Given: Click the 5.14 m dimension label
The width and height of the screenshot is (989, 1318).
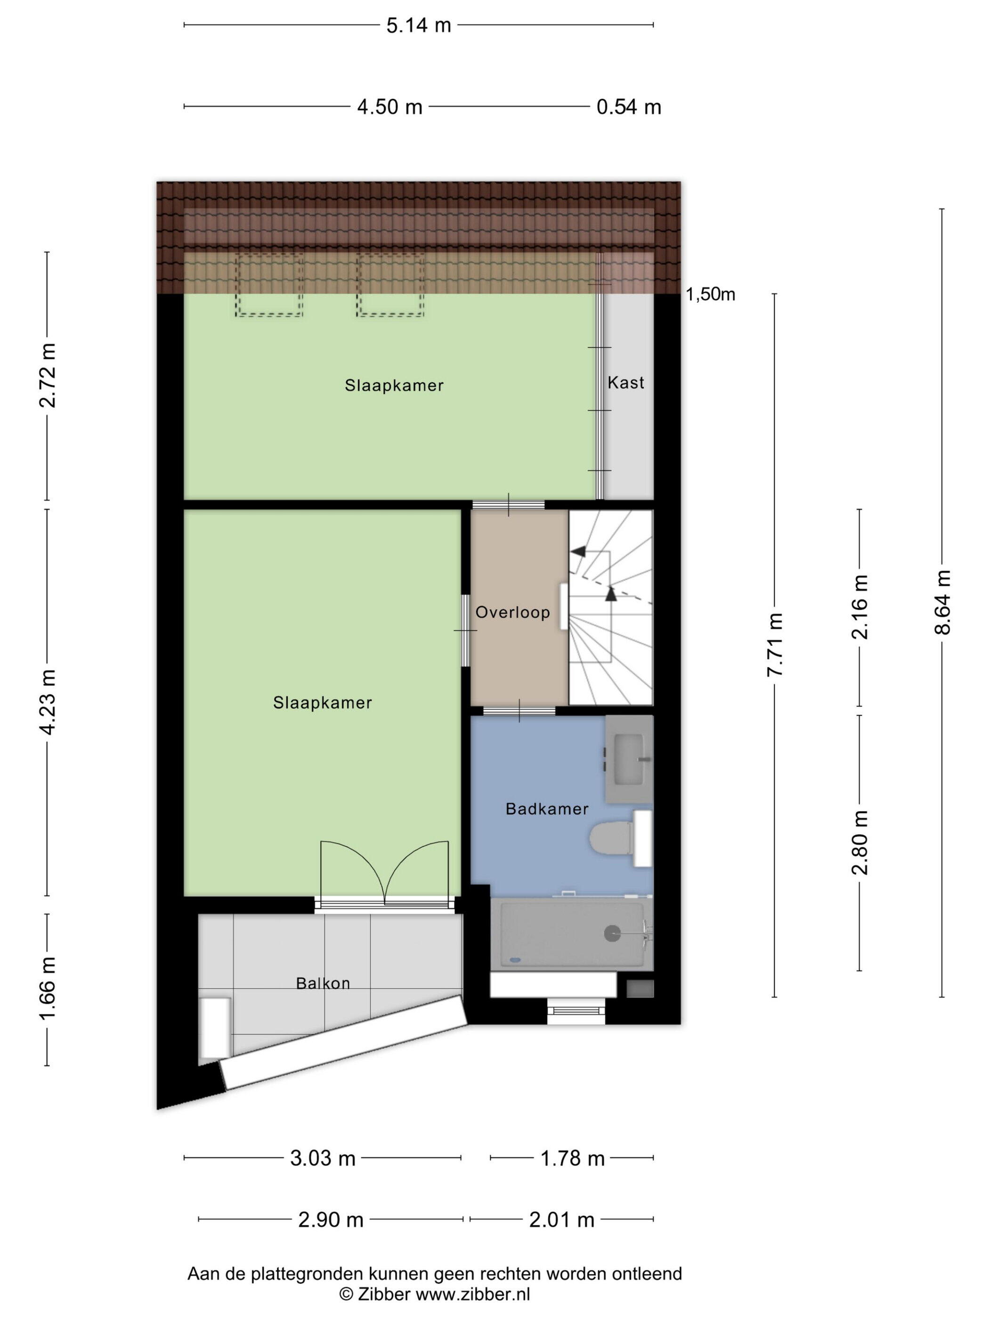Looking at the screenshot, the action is [419, 25].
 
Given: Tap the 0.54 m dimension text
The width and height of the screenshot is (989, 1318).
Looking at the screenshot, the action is [629, 107].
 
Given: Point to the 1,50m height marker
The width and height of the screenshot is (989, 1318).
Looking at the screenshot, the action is [710, 294].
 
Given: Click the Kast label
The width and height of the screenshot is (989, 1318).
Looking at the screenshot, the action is [626, 383].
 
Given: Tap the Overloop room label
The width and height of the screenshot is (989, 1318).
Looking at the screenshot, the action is [513, 612].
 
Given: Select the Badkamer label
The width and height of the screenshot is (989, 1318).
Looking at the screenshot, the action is [547, 809].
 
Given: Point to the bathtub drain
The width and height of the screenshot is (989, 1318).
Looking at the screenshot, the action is [612, 933].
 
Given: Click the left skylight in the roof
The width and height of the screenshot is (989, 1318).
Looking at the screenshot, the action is [269, 285].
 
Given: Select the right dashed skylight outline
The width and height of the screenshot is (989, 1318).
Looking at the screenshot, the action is [390, 285].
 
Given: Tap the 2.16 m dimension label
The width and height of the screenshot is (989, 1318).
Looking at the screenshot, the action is [859, 607].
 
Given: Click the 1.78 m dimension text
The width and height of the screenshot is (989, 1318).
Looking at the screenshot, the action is [572, 1158].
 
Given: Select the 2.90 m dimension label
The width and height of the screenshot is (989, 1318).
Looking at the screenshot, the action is [331, 1220].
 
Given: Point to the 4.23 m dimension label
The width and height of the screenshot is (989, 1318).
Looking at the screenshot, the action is [47, 702].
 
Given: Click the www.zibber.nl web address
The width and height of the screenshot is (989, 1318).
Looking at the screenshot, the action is [473, 1294].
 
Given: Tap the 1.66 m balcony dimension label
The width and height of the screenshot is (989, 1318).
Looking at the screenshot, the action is [47, 988].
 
